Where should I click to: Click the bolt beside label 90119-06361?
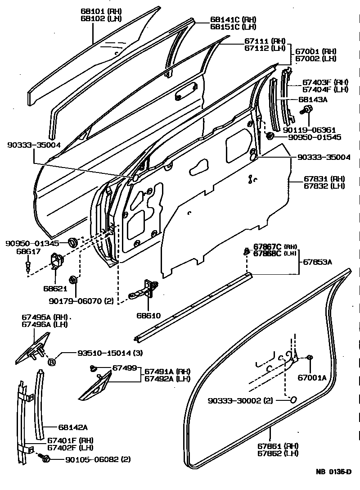pyautogui.click(x=308, y=109)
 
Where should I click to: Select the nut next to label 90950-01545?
pyautogui.click(x=270, y=136)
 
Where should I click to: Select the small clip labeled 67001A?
pyautogui.click(x=310, y=358)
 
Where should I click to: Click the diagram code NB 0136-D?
pyautogui.click(x=333, y=472)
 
